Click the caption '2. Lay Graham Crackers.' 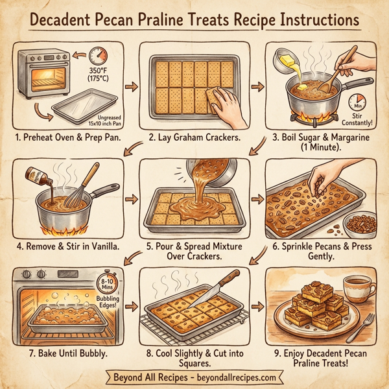coord(194,137)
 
